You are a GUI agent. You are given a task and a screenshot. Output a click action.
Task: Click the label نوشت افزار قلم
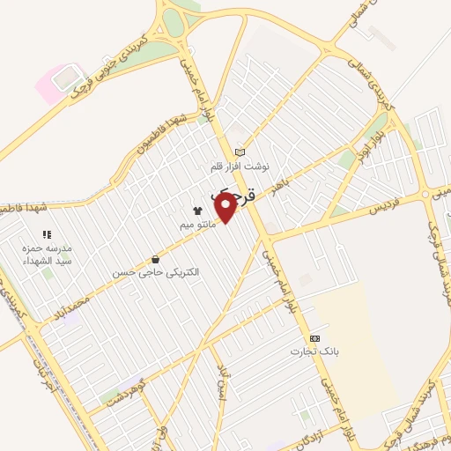tap(241, 166)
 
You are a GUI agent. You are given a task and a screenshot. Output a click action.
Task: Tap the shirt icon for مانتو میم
tap(197, 211)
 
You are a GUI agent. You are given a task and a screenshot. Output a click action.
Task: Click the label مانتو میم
tap(197, 225)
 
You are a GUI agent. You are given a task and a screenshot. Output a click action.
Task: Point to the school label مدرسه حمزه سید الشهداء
tap(47, 255)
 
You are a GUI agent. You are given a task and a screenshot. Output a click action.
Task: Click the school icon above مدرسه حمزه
tap(47, 235)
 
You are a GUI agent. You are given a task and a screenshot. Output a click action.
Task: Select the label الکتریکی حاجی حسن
tap(156, 274)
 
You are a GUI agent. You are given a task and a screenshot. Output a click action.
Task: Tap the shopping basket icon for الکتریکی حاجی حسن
tap(156, 260)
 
